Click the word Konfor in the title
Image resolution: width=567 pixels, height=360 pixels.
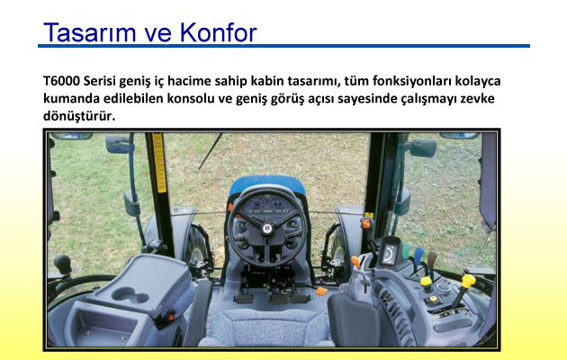pyautogui.click(x=218, y=32)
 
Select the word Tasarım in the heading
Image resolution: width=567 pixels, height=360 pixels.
pyautogui.click(x=89, y=32)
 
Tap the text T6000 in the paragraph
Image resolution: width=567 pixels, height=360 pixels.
pyautogui.click(x=61, y=81)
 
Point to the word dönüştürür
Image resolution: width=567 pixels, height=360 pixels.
pyautogui.click(x=79, y=116)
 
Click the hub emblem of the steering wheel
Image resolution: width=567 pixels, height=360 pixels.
pyautogui.click(x=267, y=229)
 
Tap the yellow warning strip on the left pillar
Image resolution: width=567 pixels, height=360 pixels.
pyautogui.click(x=159, y=162)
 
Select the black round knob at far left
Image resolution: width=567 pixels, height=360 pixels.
pyautogui.click(x=63, y=263)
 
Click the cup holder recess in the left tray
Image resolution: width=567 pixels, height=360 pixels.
pyautogui.click(x=130, y=296)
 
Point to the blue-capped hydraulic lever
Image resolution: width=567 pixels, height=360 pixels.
pyautogui.click(x=419, y=255)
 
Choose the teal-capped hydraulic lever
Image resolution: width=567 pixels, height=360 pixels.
pyautogui.click(x=407, y=250)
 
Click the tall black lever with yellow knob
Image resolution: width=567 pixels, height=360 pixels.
pyautogui.click(x=462, y=291)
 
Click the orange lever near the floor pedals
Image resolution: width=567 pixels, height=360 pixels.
pyautogui.click(x=321, y=292)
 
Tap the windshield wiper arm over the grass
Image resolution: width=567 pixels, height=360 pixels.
pyautogui.click(x=210, y=151)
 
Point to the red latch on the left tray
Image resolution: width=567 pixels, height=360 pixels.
pyautogui.click(x=170, y=317)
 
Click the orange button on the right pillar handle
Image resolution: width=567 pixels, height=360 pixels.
pyautogui.click(x=366, y=223)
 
